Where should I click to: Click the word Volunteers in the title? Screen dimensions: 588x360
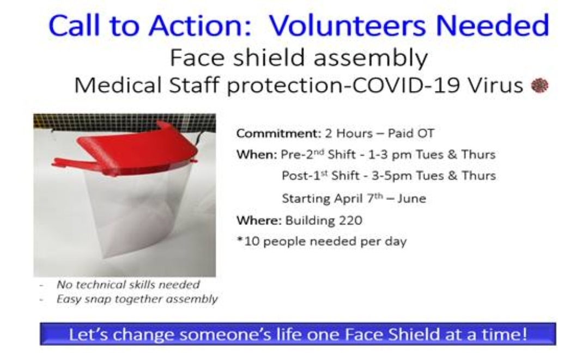[x=348, y=25]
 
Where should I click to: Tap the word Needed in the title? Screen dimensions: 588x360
[x=493, y=25]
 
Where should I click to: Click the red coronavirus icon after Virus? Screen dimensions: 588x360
[x=539, y=86]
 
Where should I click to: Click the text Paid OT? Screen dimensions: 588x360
[x=411, y=133]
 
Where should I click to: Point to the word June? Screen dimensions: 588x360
[x=412, y=198]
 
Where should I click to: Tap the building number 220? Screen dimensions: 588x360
[x=350, y=220]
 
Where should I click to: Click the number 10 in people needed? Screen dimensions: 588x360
[x=252, y=241]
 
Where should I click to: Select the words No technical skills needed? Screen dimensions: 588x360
[x=128, y=285]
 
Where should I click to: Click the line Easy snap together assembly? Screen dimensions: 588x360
[x=137, y=300]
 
